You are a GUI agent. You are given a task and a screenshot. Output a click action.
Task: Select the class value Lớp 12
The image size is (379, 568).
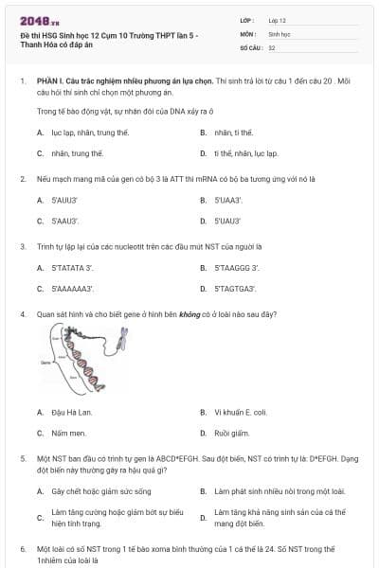click(x=278, y=20)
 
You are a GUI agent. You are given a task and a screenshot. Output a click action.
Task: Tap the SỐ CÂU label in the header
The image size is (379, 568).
click(x=250, y=46)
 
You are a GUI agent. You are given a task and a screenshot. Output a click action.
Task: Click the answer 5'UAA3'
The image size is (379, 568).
click(x=228, y=200)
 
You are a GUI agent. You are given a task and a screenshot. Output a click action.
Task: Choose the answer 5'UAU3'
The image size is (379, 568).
click(x=227, y=221)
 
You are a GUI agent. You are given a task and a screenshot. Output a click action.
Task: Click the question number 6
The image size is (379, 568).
click(x=23, y=549)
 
